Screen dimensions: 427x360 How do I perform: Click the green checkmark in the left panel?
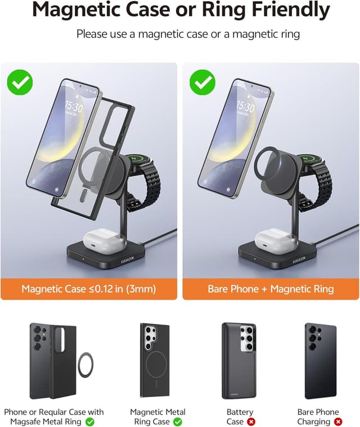(20, 82)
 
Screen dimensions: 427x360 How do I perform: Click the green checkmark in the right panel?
(202, 82)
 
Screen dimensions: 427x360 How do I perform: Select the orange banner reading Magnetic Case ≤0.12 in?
(88, 289)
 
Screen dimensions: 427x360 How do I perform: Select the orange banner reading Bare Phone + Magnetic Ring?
(271, 289)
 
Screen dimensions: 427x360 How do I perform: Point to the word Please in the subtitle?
(92, 34)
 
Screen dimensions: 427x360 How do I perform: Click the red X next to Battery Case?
(251, 421)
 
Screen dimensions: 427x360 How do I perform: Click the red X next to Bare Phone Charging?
(337, 421)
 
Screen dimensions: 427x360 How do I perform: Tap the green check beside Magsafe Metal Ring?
(90, 421)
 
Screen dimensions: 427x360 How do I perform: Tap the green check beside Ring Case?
(178, 421)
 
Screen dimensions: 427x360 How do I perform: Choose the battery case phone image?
(240, 360)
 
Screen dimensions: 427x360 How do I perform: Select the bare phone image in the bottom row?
(320, 360)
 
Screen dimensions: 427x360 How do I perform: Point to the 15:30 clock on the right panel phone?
(245, 106)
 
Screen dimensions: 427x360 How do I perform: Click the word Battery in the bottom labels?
(240, 412)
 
